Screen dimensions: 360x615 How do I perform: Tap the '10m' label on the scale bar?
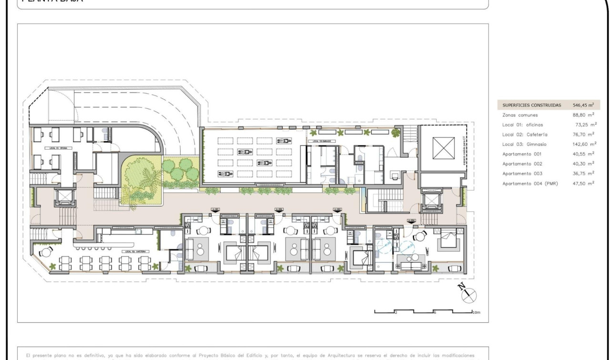click(x=476, y=312)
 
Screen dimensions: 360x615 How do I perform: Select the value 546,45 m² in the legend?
click(x=583, y=105)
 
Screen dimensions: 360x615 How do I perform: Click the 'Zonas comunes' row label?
click(x=520, y=115)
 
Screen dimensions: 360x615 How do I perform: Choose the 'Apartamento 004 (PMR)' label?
click(x=530, y=184)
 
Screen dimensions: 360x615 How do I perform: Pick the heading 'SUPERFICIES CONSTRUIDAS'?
click(x=532, y=105)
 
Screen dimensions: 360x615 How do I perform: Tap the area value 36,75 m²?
click(x=584, y=174)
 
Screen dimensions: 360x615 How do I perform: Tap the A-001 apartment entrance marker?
click(x=215, y=210)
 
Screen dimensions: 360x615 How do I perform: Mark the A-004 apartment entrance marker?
click(x=410, y=221)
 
